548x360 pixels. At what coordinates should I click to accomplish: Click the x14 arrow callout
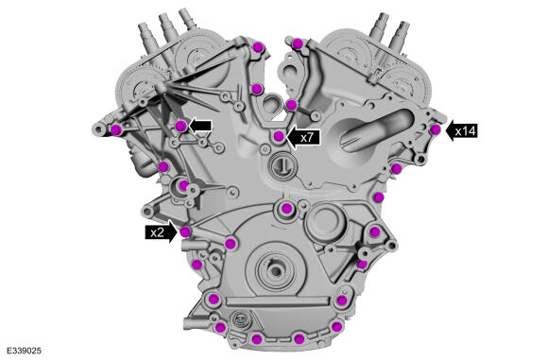click(462, 130)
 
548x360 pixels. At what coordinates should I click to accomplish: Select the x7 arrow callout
click(302, 137)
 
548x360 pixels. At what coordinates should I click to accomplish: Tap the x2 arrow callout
click(162, 231)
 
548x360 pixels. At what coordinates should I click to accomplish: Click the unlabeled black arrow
click(200, 126)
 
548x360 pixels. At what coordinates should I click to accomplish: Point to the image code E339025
click(24, 351)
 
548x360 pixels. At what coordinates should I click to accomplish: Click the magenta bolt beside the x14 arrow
click(436, 129)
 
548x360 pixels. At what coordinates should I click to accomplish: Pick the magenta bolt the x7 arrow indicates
click(279, 136)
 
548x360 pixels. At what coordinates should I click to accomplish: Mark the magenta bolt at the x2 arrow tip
click(185, 231)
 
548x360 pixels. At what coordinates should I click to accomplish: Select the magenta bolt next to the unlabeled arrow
click(180, 127)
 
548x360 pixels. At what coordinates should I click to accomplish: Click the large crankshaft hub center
click(276, 270)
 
